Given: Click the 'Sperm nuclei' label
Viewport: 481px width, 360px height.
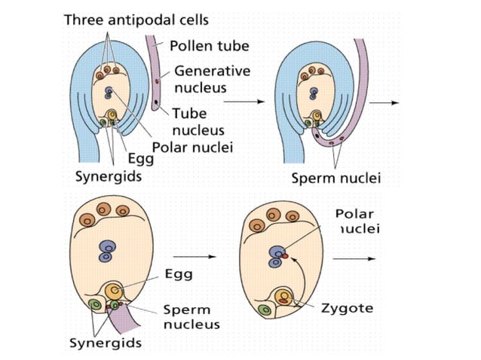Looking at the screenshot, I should pyautogui.click(x=336, y=178).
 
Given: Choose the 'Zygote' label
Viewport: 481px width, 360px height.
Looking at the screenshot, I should pyautogui.click(x=346, y=309).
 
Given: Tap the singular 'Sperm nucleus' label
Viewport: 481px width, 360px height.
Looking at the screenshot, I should pyautogui.click(x=191, y=317).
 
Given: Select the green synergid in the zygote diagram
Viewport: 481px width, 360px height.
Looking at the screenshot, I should pyautogui.click(x=265, y=310).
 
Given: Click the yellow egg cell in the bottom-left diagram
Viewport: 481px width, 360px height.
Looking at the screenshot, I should pyautogui.click(x=115, y=291).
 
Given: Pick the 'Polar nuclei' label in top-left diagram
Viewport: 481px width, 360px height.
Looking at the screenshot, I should pyautogui.click(x=191, y=146).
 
